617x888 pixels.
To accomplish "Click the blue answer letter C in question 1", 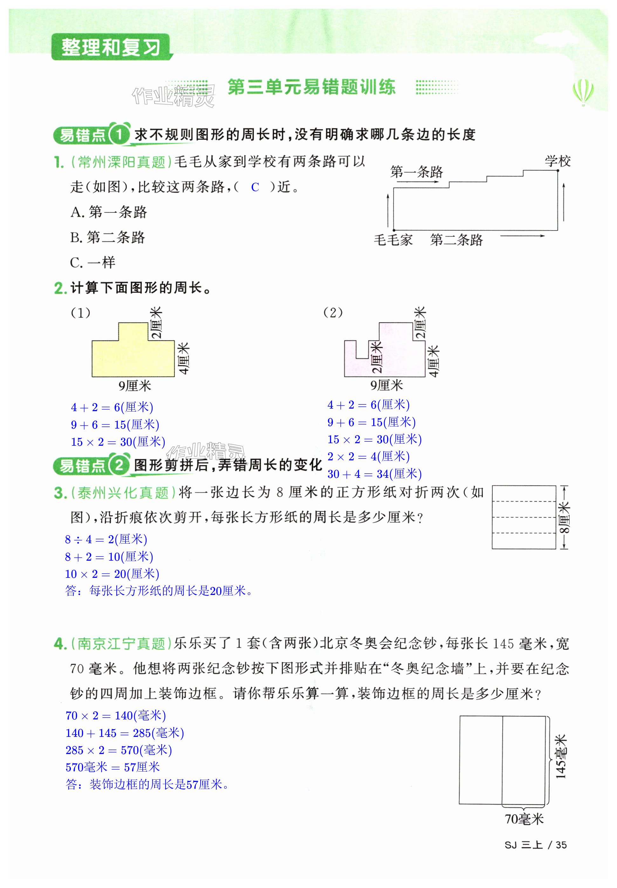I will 255,187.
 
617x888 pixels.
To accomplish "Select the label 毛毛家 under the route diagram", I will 393,240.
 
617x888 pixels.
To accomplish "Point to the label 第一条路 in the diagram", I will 416,171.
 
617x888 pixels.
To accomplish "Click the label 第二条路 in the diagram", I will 456,240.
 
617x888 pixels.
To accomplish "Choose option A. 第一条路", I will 109,212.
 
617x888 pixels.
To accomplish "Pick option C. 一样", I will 93,263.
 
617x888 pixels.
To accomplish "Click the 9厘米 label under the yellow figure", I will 134,385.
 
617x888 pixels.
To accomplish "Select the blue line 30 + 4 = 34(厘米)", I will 374,474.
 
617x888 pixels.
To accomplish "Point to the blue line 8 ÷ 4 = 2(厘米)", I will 106,539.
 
